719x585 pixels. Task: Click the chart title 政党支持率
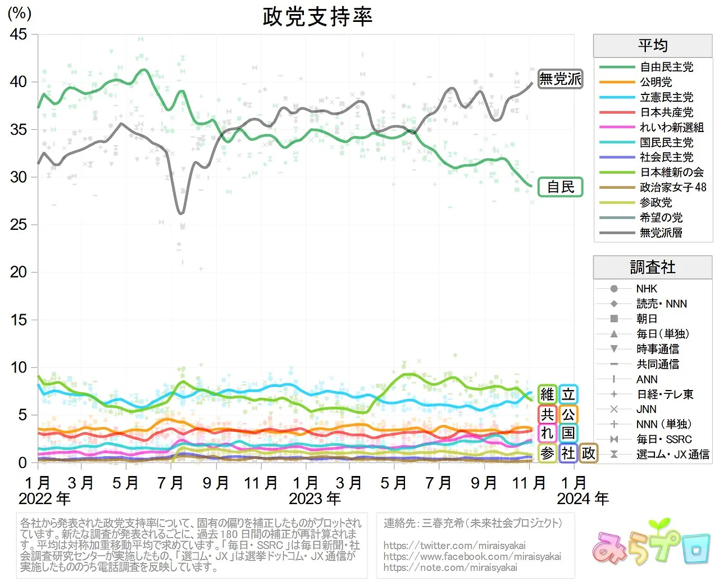317,17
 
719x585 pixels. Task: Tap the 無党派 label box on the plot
560,79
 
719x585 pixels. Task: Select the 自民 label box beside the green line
560,187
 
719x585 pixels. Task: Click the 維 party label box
547,394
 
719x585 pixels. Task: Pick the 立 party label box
568,394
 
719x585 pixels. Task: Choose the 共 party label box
547,415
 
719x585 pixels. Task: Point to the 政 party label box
588,453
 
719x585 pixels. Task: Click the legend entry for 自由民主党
666,67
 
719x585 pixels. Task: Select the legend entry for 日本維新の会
671,172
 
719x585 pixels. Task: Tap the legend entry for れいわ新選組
671,128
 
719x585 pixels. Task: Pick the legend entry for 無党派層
661,233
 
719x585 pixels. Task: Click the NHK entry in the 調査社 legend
646,289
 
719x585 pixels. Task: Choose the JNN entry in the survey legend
646,409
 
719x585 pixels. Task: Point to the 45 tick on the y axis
19,34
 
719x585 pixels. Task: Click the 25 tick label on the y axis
19,225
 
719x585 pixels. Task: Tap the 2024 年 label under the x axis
583,498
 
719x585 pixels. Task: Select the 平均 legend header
653,46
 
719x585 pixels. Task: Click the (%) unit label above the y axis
20,13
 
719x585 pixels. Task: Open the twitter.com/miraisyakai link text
454,546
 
